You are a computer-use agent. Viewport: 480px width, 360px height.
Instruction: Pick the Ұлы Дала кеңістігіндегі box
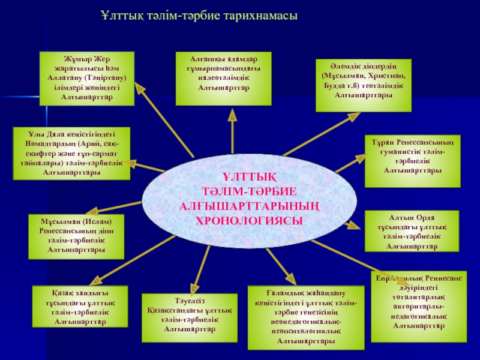click(x=71, y=153)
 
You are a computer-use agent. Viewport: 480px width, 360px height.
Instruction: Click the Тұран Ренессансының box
click(x=413, y=155)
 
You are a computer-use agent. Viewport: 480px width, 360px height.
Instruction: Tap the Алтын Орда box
click(x=412, y=230)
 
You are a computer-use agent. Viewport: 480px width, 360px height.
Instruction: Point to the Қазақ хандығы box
click(x=80, y=306)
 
